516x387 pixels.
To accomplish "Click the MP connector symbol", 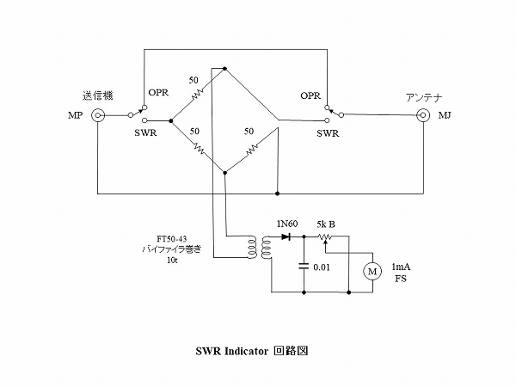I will (x=99, y=116).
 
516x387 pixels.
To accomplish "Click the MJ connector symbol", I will (x=423, y=116).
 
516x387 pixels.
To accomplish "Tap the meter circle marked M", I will (x=372, y=271).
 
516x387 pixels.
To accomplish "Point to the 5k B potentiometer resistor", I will (x=325, y=235).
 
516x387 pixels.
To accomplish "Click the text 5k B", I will (x=325, y=223).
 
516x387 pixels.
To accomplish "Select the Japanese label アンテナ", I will (x=423, y=96).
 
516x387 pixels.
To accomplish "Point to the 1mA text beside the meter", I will (x=401, y=267).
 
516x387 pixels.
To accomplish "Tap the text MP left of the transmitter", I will (x=75, y=116).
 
